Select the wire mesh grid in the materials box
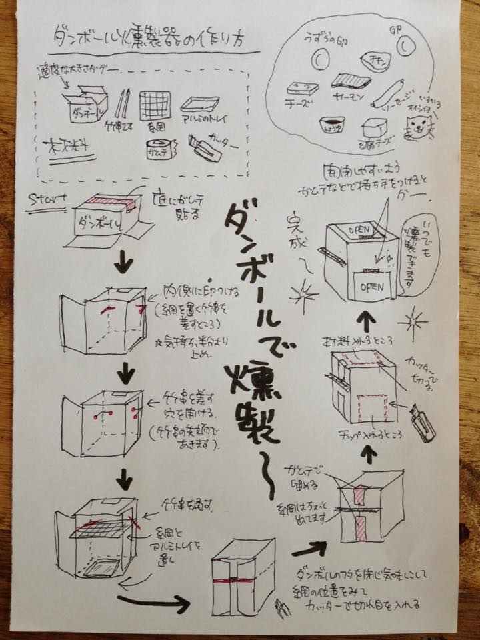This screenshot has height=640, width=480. [155, 103]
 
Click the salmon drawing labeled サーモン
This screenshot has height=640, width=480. [351, 82]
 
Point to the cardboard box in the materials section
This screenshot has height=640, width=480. [87, 103]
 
